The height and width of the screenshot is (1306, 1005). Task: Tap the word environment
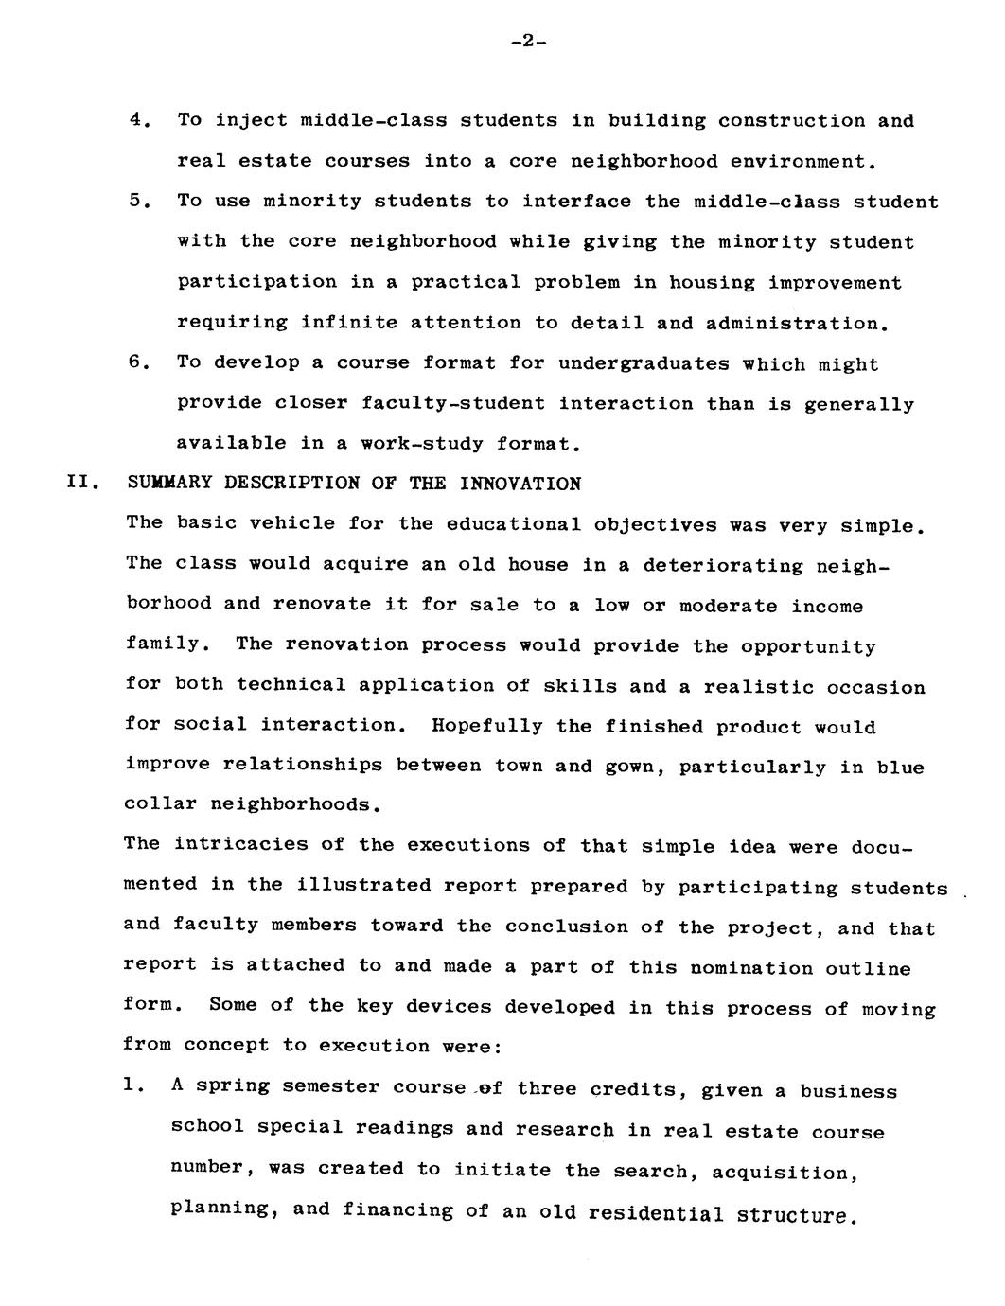click(x=797, y=162)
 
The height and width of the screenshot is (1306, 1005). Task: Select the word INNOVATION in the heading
click(x=520, y=484)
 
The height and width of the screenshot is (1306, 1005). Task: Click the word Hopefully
click(x=487, y=726)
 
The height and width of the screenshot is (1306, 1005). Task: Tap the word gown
click(x=626, y=766)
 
